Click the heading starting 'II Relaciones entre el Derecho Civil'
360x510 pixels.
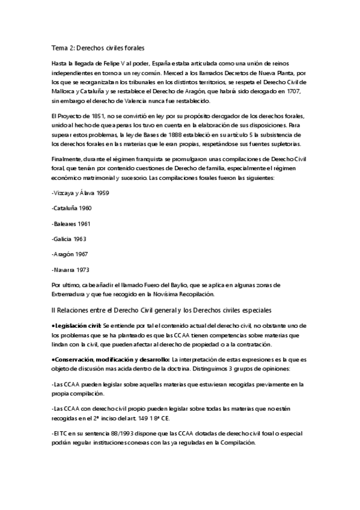162,310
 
